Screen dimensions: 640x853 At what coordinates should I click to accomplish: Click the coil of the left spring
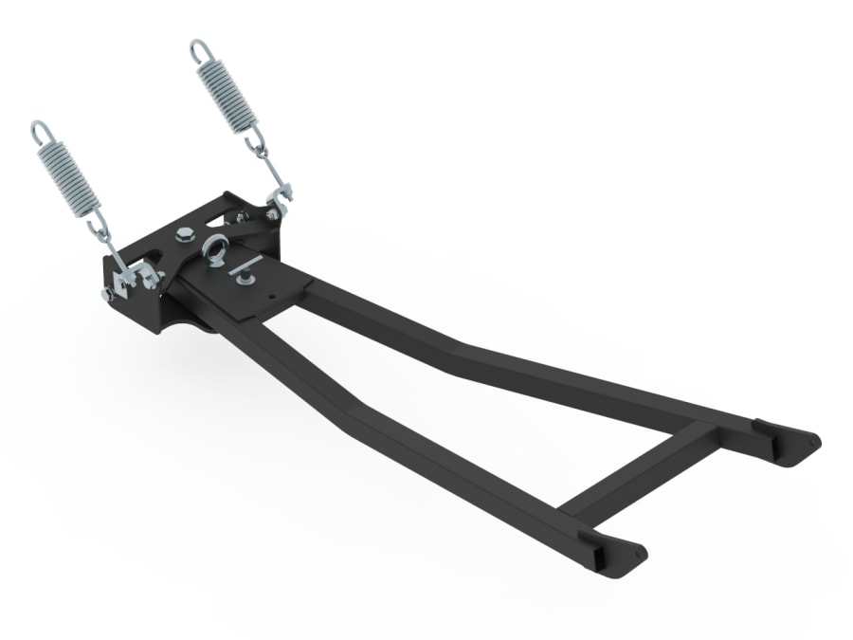click(x=69, y=175)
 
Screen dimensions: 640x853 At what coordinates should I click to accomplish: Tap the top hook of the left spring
click(x=37, y=128)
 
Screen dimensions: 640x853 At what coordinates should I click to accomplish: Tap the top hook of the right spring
click(x=197, y=46)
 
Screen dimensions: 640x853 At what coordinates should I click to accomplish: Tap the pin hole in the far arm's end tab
click(x=811, y=441)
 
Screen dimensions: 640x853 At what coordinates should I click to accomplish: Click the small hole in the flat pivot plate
click(x=273, y=297)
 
